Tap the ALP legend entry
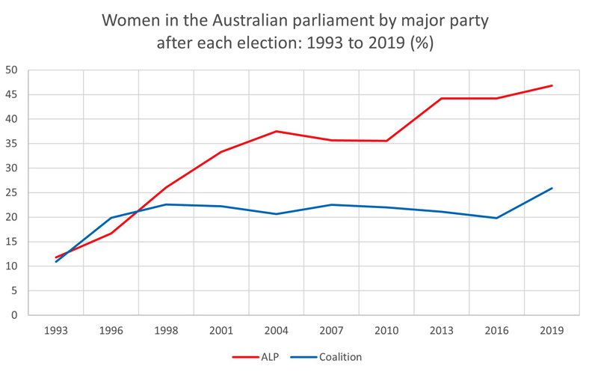[x=256, y=357]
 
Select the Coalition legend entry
[x=326, y=357]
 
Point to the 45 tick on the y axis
[x=12, y=94]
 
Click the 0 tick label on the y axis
[x=14, y=315]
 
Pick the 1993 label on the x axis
[x=56, y=331]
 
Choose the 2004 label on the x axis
[x=277, y=331]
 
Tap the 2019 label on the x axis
[x=552, y=331]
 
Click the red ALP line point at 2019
[x=552, y=85]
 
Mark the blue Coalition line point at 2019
[x=552, y=188]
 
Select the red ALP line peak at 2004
[x=277, y=131]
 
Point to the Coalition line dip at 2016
[x=496, y=218]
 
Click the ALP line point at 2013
[x=441, y=98]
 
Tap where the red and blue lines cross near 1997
[x=138, y=211]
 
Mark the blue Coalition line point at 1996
[x=111, y=218]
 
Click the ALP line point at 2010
[x=386, y=141]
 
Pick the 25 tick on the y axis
[x=12, y=193]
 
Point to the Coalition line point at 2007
[x=331, y=205]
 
